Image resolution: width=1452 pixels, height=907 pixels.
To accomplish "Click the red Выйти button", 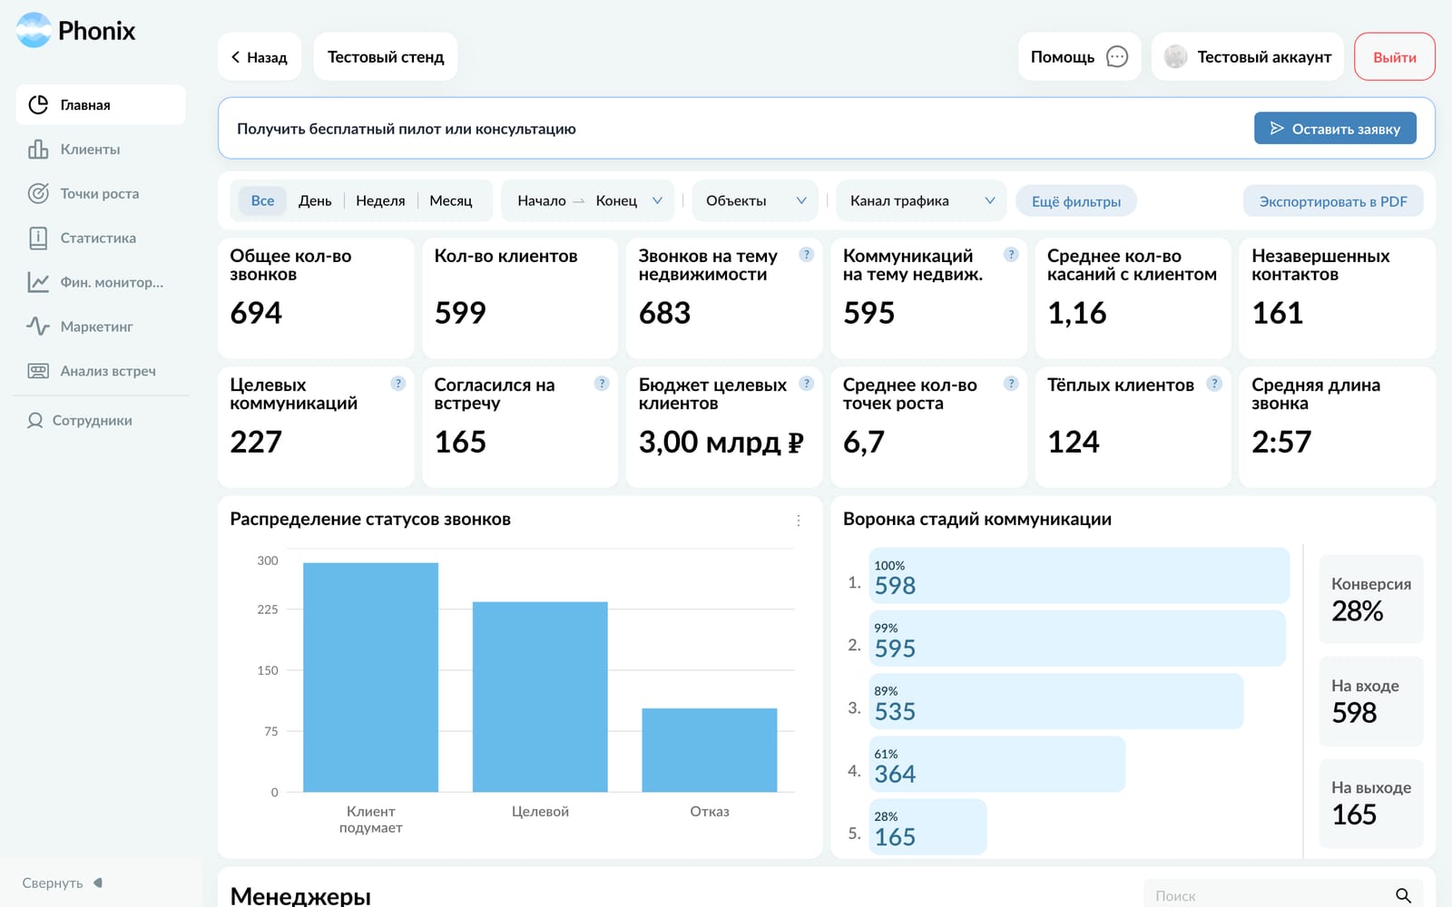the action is pos(1394,57).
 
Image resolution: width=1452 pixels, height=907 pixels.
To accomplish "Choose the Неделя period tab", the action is pos(380,200).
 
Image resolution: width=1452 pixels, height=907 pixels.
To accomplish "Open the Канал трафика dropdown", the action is pos(921,200).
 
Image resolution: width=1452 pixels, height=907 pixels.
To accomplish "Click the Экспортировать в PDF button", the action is pos(1333,201).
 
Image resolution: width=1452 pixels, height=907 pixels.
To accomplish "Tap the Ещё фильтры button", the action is pos(1076,201).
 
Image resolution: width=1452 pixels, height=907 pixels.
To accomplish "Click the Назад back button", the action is pos(260,57).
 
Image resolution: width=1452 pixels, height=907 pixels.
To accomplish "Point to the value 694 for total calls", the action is pos(256,313).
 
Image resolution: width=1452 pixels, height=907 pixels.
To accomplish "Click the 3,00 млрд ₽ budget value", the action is pos(721,442).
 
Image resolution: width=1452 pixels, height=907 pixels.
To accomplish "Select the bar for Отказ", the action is pos(709,749).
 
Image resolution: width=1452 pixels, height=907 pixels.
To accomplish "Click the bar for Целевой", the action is pos(540,697).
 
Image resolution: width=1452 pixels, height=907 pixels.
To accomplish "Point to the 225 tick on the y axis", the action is pos(267,609).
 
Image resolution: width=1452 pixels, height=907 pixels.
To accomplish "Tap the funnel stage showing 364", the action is pos(997,764).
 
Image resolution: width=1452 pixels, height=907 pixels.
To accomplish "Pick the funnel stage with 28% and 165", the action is pos(927,826).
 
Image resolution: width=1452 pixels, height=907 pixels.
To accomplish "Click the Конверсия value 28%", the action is pos(1358,611).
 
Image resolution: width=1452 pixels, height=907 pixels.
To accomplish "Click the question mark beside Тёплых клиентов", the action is pos(1214,384).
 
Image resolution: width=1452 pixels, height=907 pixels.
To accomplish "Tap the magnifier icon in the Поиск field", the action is pos(1403,895).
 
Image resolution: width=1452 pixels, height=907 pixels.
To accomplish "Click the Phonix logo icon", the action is pos(34,30).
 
